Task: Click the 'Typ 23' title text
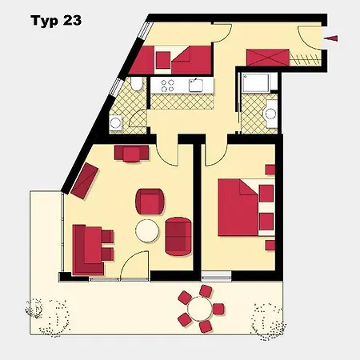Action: [56, 21]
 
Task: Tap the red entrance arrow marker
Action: [331, 38]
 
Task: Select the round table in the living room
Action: [147, 230]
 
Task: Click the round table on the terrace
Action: [200, 309]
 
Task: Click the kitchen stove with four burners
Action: [167, 86]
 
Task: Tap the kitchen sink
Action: [196, 86]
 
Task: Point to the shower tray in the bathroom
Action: [255, 83]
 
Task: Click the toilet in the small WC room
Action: [138, 84]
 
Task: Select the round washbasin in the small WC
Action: [116, 123]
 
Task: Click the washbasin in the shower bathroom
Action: [270, 114]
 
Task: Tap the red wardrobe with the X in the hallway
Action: [268, 58]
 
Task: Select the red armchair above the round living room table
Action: [150, 202]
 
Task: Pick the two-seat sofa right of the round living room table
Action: [178, 237]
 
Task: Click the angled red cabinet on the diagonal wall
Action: [85, 181]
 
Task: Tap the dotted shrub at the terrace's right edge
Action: [268, 322]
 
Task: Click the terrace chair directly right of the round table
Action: [218, 309]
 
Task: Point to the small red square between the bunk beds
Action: [163, 60]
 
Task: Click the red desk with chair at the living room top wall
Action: [131, 154]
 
